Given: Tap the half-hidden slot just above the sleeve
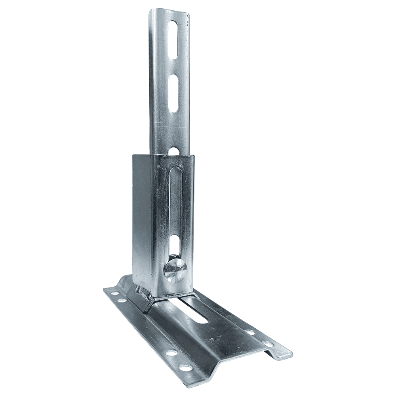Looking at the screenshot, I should click(x=173, y=150).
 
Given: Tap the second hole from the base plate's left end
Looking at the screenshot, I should click(x=122, y=301).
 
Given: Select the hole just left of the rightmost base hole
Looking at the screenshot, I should click(x=250, y=332).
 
